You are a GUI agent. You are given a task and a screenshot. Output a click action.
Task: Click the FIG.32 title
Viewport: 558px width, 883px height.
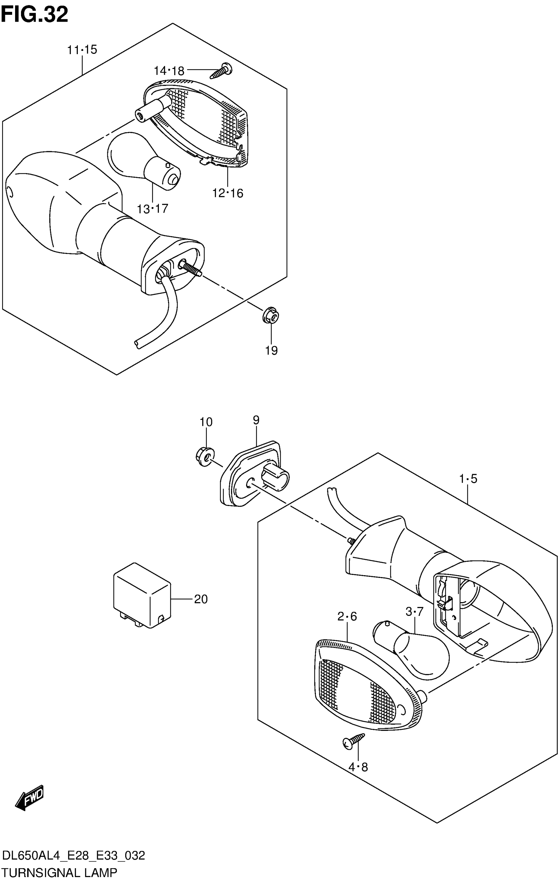click(x=35, y=15)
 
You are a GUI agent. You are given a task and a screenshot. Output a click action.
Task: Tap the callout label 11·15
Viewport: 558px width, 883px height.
click(x=82, y=50)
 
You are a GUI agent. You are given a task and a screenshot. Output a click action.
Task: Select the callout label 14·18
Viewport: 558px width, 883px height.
click(x=169, y=71)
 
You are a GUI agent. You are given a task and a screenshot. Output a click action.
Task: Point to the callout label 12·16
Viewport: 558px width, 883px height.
click(x=228, y=193)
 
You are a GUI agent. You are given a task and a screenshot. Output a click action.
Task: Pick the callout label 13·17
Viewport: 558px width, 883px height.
click(x=152, y=209)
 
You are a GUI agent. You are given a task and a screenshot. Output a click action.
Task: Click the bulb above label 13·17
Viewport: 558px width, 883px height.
click(x=143, y=162)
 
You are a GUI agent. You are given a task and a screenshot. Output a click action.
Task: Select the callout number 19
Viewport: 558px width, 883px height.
click(x=271, y=350)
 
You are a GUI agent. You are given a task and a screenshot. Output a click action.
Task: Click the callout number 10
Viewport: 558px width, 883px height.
click(x=206, y=422)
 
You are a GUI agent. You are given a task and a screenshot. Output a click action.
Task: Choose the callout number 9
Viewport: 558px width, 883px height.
click(x=256, y=420)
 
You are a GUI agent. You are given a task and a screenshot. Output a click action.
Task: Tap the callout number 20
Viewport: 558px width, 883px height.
click(x=201, y=599)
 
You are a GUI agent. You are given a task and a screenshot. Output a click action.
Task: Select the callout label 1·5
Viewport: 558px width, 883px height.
click(x=468, y=478)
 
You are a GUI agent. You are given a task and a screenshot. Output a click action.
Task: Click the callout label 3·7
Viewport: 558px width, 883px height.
click(x=415, y=611)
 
